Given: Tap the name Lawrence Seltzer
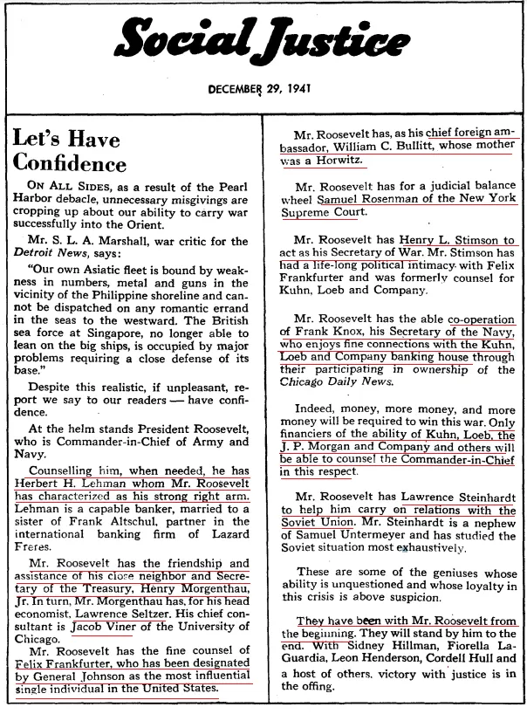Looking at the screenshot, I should click(130, 613).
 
